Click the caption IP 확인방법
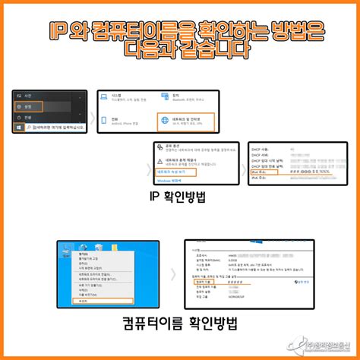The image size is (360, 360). (x=180, y=199)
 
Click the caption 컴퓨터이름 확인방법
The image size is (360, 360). (x=180, y=324)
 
